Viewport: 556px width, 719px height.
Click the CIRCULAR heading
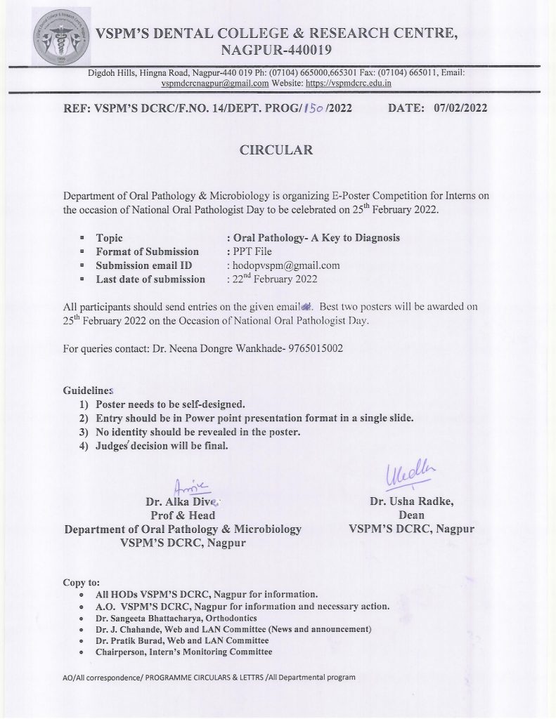(x=276, y=150)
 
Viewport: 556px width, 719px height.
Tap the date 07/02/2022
(x=460, y=107)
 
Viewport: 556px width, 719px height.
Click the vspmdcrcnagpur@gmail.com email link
(x=215, y=82)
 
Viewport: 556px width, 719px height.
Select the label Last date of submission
(x=150, y=279)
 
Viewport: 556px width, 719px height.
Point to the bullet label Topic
(x=110, y=237)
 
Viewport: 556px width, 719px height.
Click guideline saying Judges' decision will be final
(x=162, y=446)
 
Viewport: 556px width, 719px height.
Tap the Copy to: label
(x=81, y=582)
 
